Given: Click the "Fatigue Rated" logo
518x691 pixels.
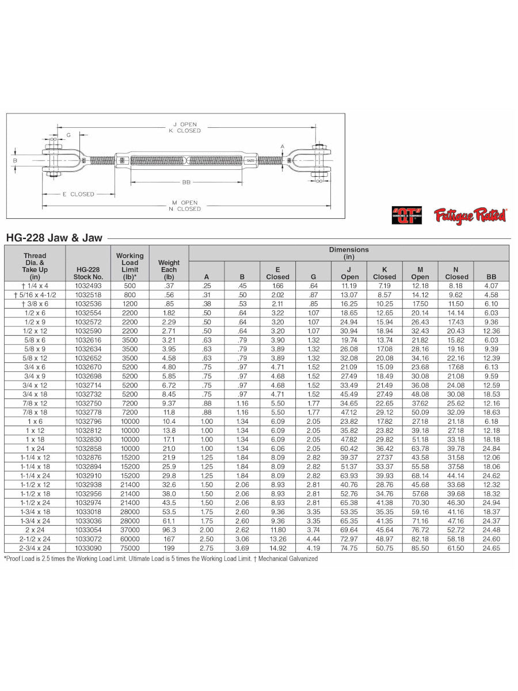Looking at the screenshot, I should click(470, 215).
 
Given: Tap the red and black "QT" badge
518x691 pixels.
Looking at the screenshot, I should click(407, 215).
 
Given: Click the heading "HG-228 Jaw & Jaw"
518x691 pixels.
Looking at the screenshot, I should click(54, 237).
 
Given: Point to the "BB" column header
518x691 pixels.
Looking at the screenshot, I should click(491, 276).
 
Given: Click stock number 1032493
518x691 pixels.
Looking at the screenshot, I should click(87, 286).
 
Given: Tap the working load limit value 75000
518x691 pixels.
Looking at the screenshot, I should click(129, 548).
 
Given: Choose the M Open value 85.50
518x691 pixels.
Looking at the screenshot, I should click(420, 548).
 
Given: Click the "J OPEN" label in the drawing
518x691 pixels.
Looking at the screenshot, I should click(185, 124).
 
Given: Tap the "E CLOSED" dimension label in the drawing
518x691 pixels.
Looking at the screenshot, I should click(78, 194).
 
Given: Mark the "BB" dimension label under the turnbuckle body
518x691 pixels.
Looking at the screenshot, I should click(185, 183).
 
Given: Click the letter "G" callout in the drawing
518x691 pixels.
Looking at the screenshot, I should click(68, 135).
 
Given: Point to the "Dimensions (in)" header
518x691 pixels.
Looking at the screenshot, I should click(349, 253).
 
